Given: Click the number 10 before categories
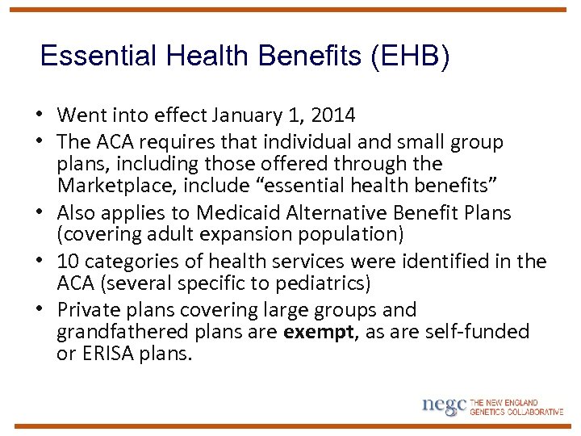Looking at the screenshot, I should point(69,262).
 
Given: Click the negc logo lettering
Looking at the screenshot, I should point(444,405).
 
